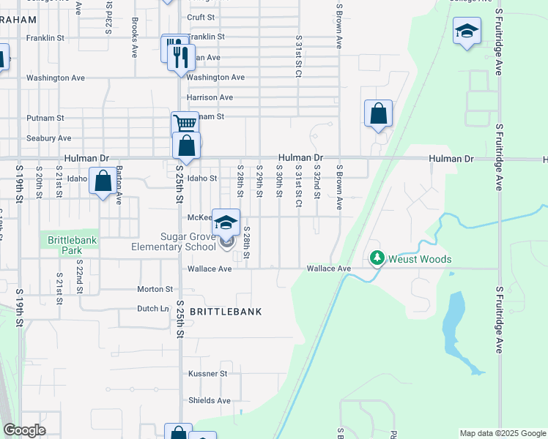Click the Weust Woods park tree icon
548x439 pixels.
tap(377, 258)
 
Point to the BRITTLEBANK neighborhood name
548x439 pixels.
tap(226, 312)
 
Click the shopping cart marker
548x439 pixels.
tap(185, 124)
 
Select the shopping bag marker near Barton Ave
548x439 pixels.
tap(103, 180)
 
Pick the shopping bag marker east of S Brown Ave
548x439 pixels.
tap(378, 113)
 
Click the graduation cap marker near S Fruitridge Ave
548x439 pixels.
tap(466, 31)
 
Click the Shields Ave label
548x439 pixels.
tap(209, 400)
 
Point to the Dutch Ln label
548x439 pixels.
tap(154, 309)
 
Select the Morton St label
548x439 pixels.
tap(154, 289)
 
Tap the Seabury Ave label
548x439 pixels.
tap(48, 138)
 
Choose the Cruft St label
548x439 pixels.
tap(201, 17)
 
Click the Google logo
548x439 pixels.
tap(24, 430)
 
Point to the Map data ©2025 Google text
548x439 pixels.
tap(501, 433)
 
